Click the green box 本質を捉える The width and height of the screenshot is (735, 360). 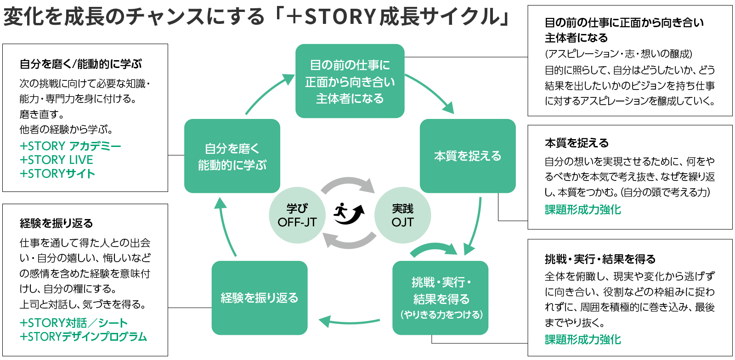[x=468, y=156]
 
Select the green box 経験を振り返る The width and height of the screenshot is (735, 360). [x=259, y=298]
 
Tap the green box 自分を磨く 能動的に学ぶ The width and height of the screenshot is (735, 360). [x=232, y=156]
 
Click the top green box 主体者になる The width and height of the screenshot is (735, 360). [x=350, y=81]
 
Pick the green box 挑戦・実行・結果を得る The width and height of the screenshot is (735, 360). [x=441, y=298]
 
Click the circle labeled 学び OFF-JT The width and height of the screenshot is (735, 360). [x=297, y=215]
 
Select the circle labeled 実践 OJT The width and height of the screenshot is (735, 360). [x=402, y=215]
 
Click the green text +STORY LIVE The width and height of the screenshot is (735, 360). [x=56, y=160]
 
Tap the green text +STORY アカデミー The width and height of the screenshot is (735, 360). [x=70, y=146]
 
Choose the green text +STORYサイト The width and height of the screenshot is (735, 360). [x=57, y=174]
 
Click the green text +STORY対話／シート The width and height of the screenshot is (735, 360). [x=73, y=323]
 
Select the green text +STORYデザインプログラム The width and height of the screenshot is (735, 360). [x=83, y=337]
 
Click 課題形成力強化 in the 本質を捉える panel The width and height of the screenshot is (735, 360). [x=582, y=209]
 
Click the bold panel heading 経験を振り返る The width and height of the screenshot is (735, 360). [x=56, y=223]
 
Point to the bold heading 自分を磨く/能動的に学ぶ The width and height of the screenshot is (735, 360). [x=81, y=64]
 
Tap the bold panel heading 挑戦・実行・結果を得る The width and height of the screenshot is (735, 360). [x=600, y=259]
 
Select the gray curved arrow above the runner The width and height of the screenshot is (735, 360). [x=348, y=183]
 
